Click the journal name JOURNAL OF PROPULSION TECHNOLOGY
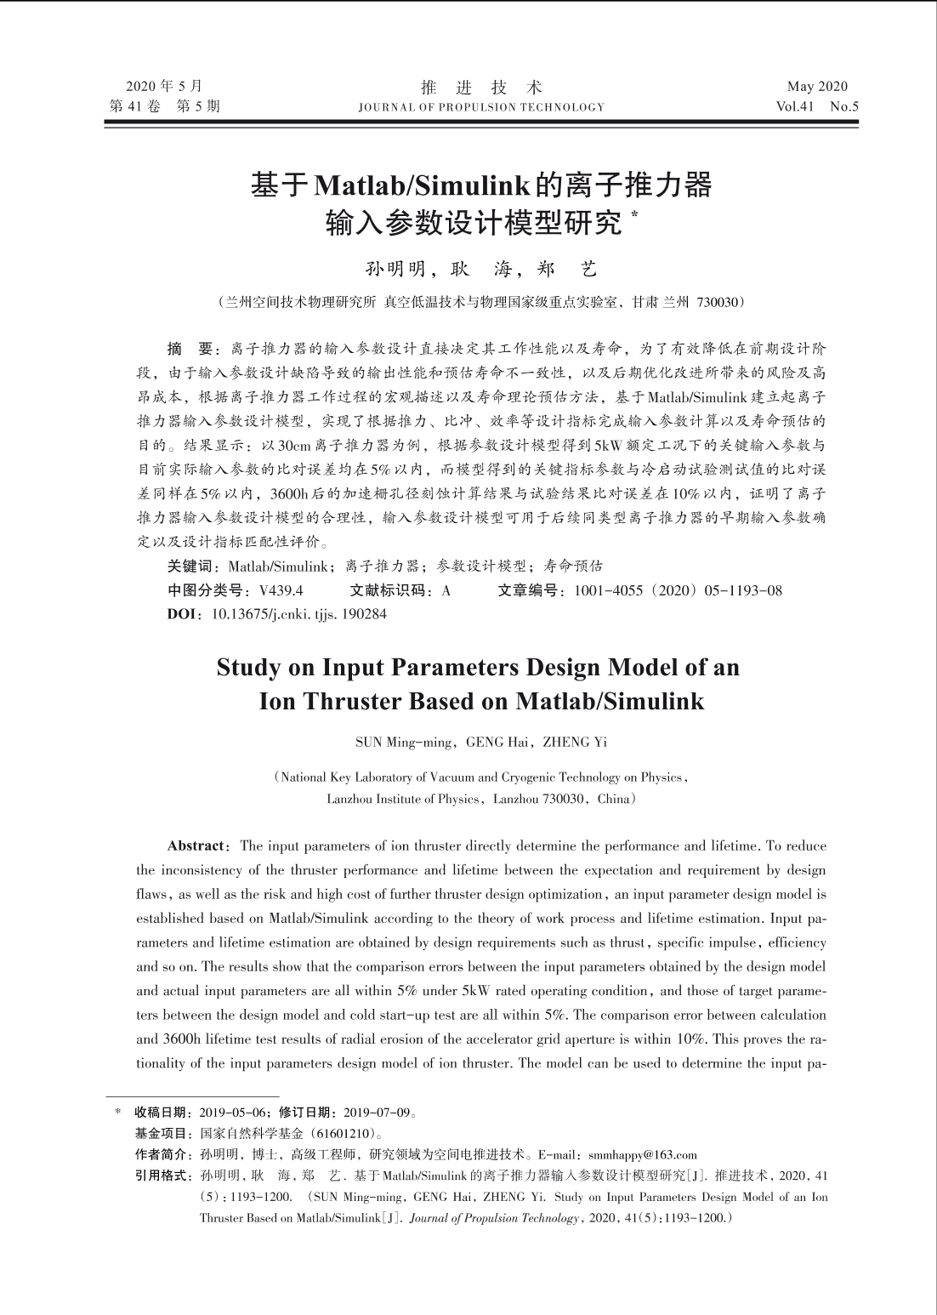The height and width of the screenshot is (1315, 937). pyautogui.click(x=481, y=108)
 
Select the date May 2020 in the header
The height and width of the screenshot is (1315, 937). pyautogui.click(x=817, y=86)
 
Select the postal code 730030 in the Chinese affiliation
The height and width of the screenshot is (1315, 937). pyautogui.click(x=718, y=302)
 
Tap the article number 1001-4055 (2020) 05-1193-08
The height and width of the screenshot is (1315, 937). pyautogui.click(x=678, y=590)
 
